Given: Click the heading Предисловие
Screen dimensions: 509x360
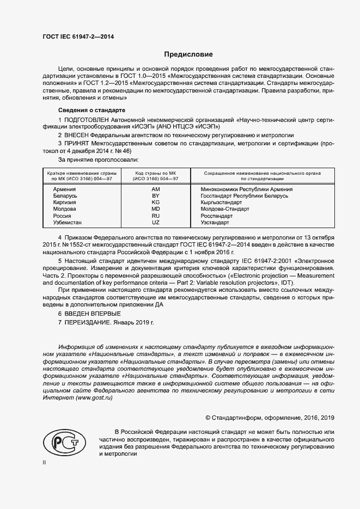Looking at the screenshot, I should click(188, 54).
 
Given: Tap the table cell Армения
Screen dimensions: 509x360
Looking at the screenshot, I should click(65, 189).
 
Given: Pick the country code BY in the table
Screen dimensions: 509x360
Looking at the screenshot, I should click(156, 195).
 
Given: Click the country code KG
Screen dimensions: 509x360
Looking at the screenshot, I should click(156, 203).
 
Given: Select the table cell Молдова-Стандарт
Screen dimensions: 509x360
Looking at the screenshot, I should click(224, 209).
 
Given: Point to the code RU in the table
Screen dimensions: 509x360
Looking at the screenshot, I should click(156, 216).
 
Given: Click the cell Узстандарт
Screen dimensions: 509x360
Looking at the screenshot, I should click(216, 223).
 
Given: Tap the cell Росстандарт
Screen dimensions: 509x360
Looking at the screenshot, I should click(217, 216).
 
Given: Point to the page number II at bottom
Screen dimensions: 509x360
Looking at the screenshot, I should click(44, 462).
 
